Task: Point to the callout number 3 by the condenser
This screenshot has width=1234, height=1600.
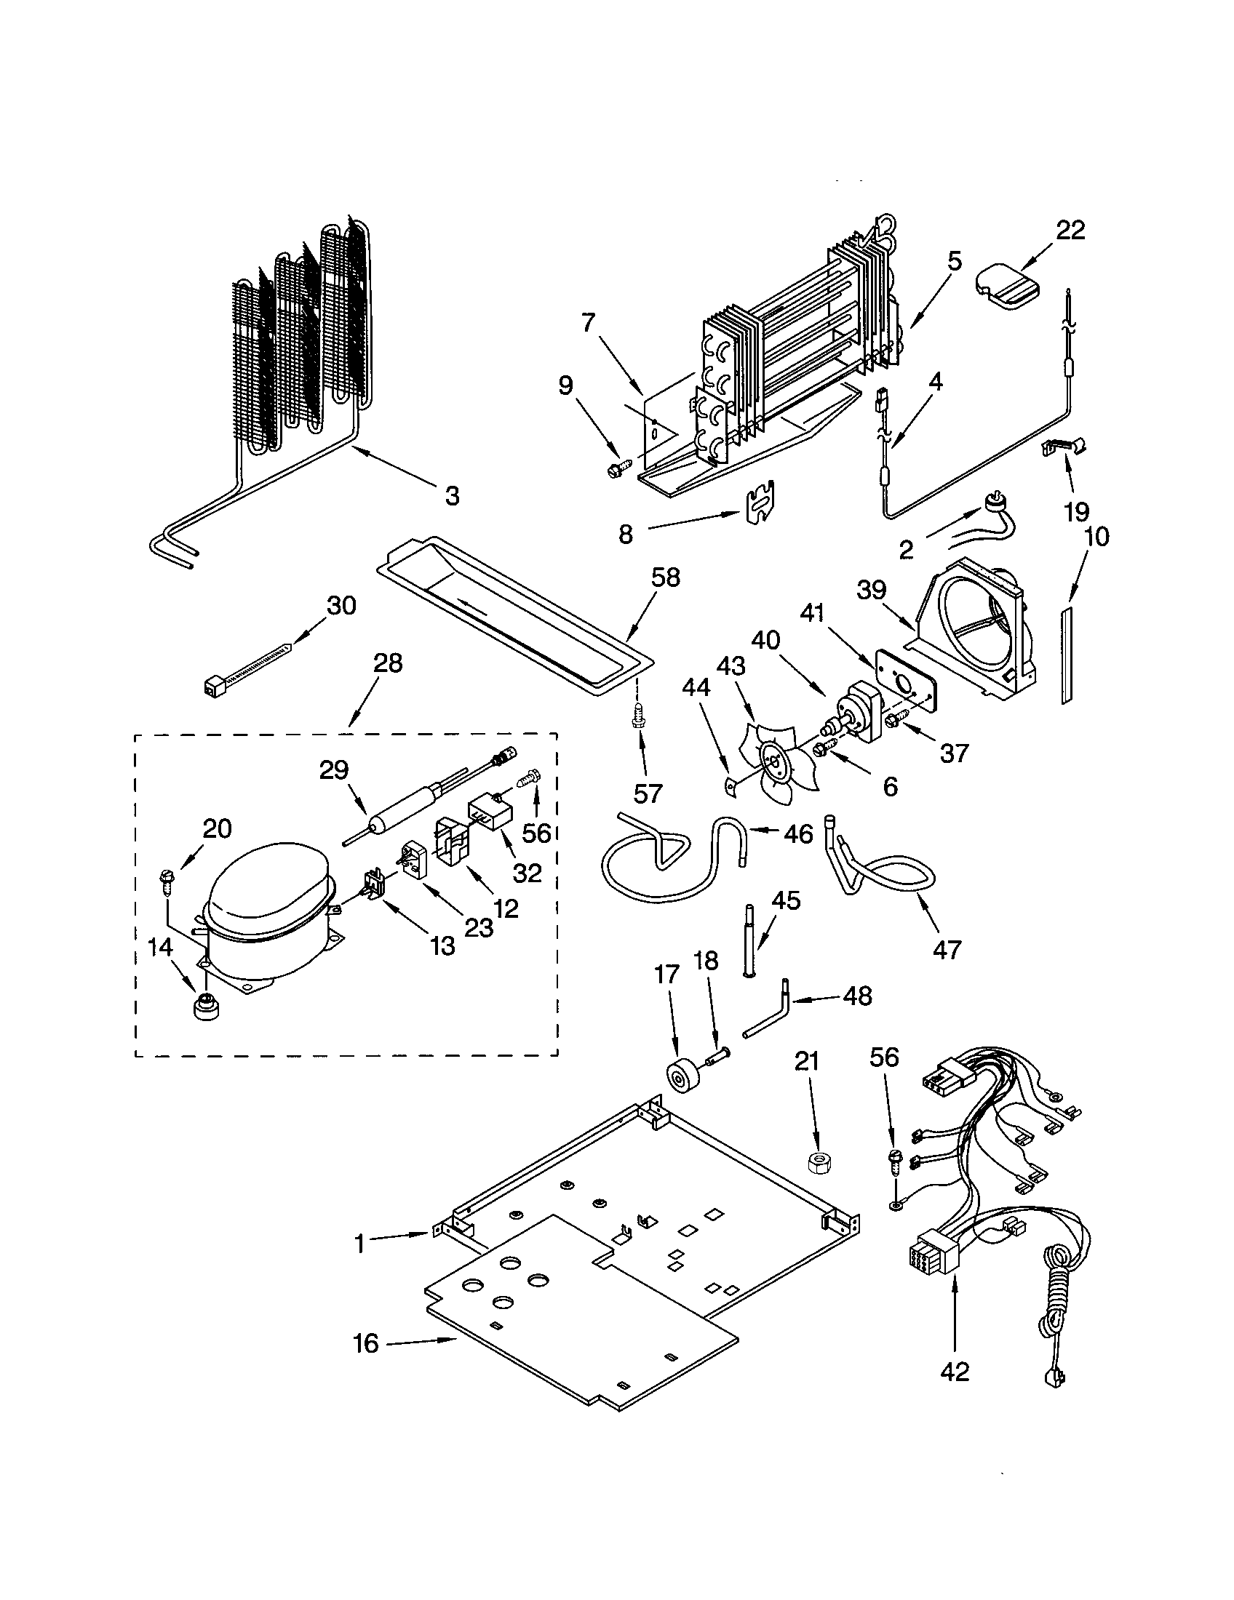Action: pyautogui.click(x=452, y=496)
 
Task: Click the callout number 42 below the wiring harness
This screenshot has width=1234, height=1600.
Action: pyautogui.click(x=955, y=1370)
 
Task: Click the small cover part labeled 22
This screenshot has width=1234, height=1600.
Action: pyautogui.click(x=1007, y=287)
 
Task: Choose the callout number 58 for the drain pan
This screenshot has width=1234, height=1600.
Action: pyautogui.click(x=665, y=577)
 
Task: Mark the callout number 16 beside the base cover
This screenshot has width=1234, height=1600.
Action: pyautogui.click(x=367, y=1343)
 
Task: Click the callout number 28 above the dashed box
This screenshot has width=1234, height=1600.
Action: pyautogui.click(x=388, y=663)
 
